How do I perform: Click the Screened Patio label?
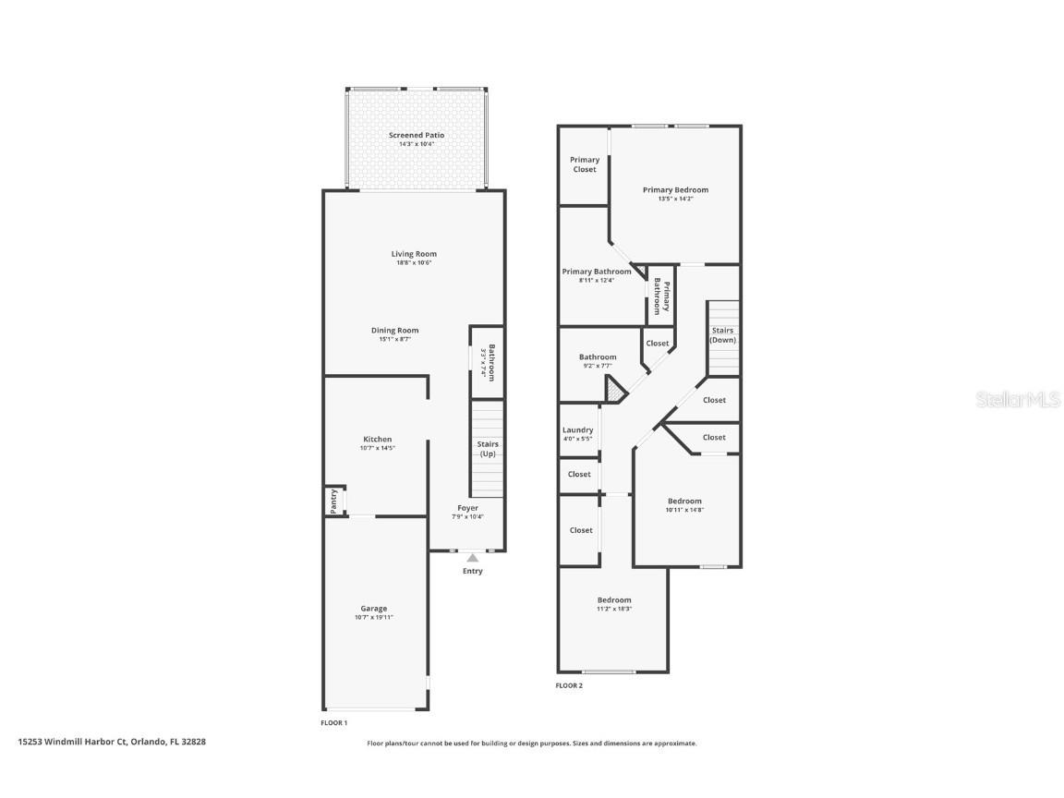(416, 135)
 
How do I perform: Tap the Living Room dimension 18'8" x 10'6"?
(413, 263)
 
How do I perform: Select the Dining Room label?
(394, 331)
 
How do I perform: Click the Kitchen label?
(377, 440)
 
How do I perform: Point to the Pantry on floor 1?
(333, 501)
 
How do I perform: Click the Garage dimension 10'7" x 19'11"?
(373, 617)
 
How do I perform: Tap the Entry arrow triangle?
(472, 558)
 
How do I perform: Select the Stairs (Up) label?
(487, 449)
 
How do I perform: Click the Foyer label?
(467, 508)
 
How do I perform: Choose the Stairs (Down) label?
(722, 334)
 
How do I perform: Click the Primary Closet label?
(584, 164)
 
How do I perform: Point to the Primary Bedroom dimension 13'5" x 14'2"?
(675, 199)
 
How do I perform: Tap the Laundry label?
(577, 430)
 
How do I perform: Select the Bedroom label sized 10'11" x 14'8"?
(684, 502)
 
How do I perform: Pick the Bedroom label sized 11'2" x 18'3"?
(613, 600)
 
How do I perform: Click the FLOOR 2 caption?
(569, 685)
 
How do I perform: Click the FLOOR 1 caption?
(333, 722)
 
